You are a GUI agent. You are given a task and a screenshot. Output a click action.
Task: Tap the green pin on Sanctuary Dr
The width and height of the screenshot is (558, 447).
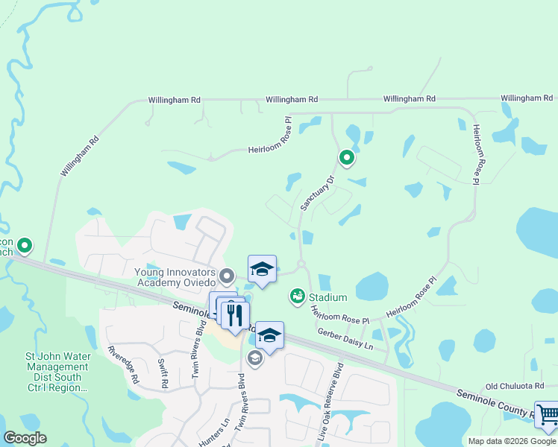346,157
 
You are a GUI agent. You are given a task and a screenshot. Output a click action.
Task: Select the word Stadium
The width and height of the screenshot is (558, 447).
327,297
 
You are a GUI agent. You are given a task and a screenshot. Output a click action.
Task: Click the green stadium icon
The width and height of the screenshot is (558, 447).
297,297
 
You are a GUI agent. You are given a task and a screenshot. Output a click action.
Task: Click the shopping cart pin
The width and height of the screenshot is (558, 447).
548,415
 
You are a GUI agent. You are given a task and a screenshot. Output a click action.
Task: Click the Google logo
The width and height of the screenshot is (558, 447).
25,438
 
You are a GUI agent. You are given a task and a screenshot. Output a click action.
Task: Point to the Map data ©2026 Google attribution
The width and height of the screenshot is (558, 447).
512,441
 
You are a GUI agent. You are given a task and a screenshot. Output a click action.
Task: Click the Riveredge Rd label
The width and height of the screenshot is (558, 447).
123,364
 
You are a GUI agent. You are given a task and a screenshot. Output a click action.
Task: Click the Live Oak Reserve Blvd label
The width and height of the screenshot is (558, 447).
331,403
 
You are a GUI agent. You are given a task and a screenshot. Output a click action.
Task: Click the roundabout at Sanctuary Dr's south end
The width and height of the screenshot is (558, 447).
301,264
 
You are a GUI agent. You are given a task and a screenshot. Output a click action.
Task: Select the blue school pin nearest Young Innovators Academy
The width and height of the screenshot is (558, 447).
262,270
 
